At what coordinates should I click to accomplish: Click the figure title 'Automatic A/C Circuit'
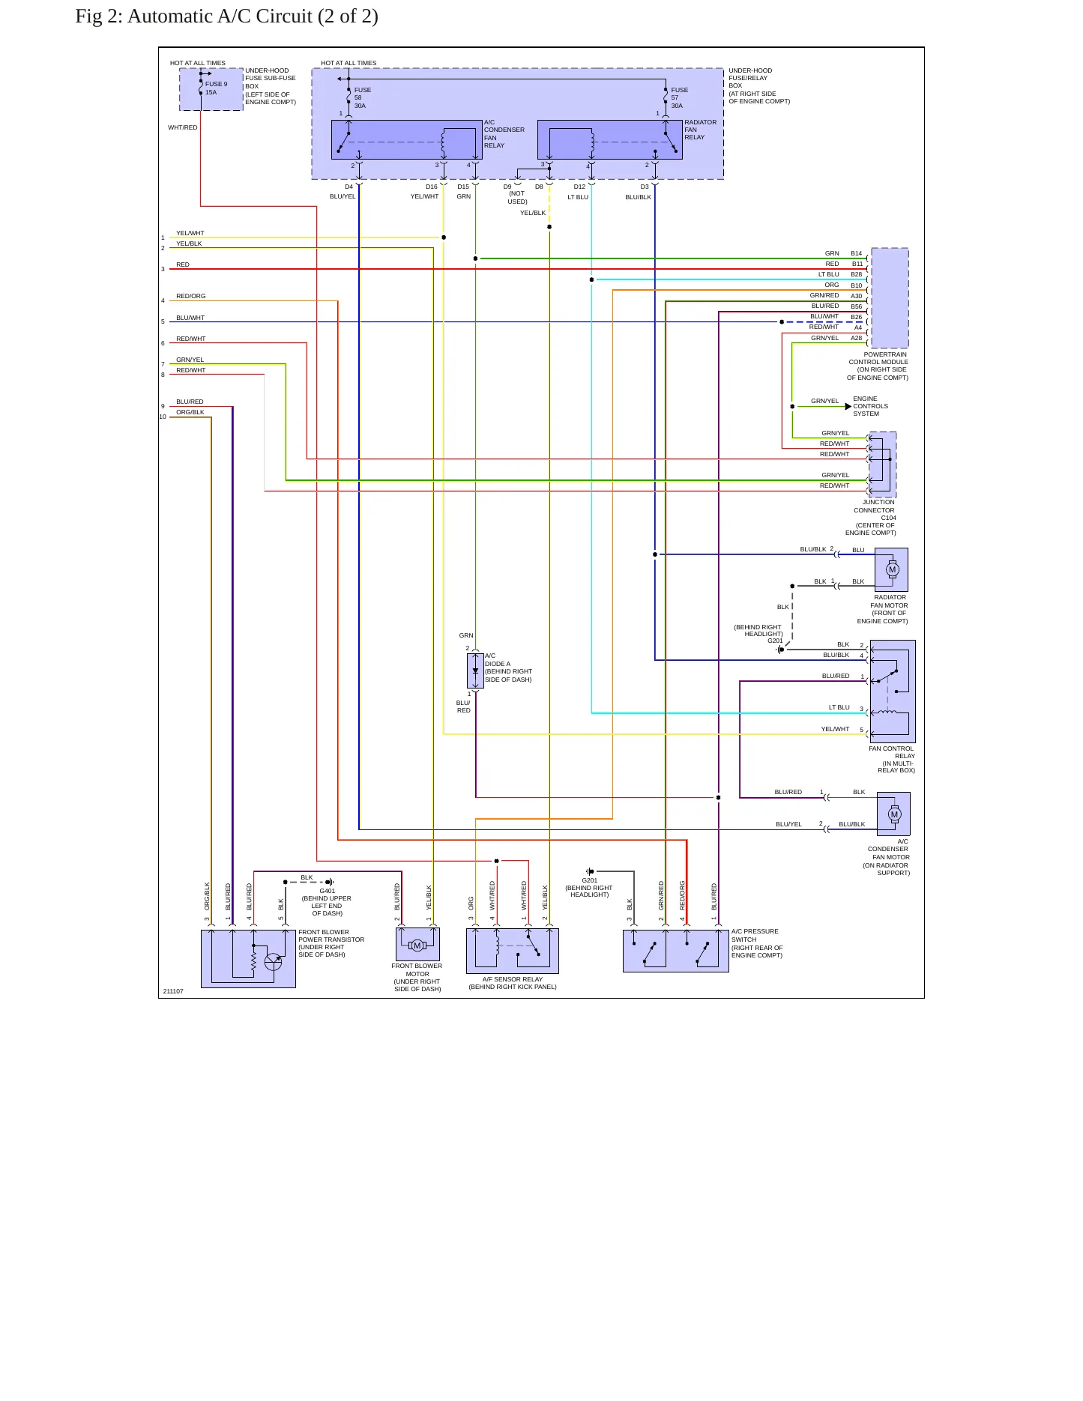(220, 16)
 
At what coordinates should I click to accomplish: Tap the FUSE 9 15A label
(216, 88)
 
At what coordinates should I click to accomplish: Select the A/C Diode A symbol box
(475, 671)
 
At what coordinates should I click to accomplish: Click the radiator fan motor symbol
(891, 570)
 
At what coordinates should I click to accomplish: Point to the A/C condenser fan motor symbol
(893, 814)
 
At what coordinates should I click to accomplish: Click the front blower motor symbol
(417, 945)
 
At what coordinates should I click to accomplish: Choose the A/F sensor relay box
(513, 951)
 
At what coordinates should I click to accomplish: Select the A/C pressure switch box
(676, 951)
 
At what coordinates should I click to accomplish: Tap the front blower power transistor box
(248, 959)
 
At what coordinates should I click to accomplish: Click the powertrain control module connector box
(890, 298)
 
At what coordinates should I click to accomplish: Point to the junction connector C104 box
(882, 465)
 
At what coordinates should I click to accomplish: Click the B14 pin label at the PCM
(857, 254)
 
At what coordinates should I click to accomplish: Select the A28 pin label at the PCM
(857, 339)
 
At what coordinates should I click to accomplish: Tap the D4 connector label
(349, 187)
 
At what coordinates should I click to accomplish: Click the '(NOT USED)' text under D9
(517, 198)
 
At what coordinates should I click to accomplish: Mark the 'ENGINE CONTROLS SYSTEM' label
(870, 406)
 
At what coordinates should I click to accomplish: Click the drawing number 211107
(173, 991)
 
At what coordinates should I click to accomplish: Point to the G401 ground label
(328, 891)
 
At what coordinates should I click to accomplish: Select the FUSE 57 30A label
(679, 97)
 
